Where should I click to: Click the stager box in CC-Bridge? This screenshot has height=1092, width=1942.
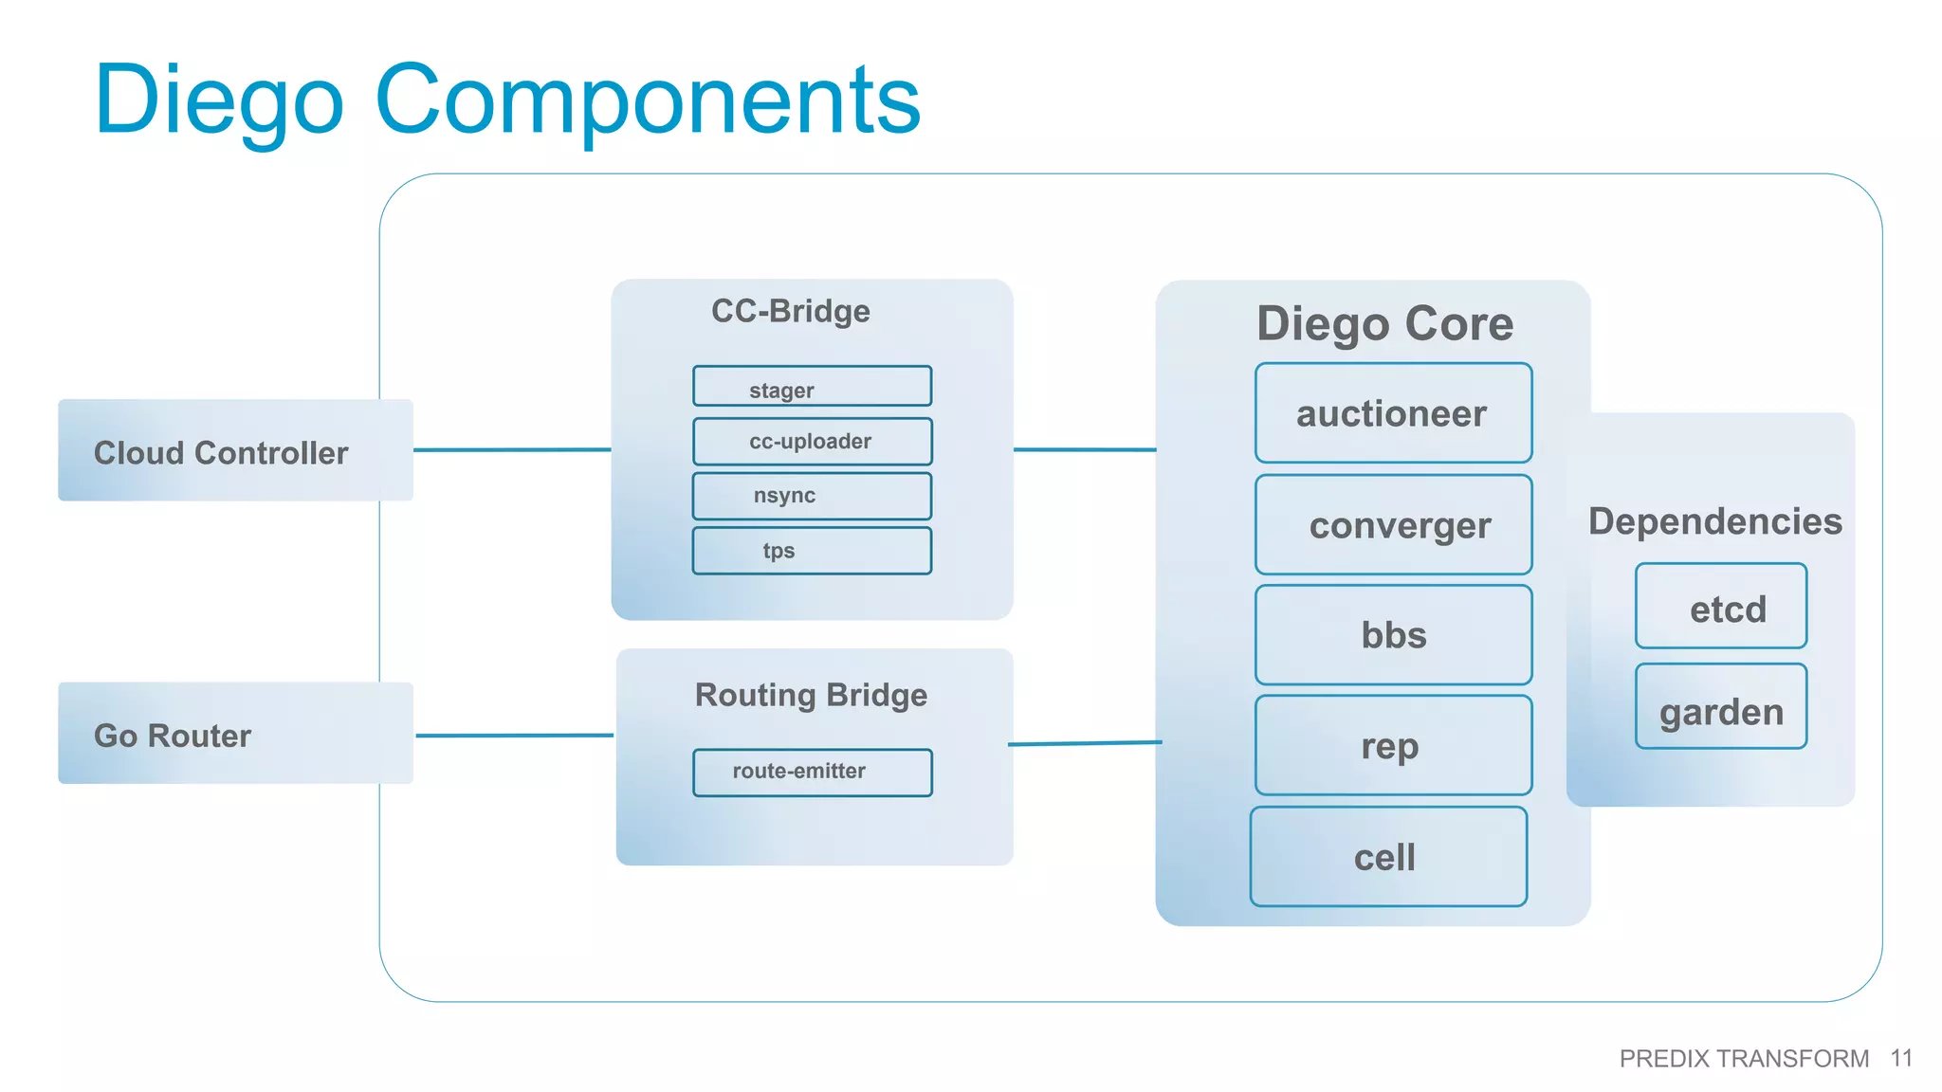[812, 387]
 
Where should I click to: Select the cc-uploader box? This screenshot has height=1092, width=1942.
[812, 441]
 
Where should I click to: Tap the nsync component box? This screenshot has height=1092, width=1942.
[812, 496]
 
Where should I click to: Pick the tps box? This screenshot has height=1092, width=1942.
[812, 551]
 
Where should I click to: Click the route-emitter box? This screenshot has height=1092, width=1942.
[812, 772]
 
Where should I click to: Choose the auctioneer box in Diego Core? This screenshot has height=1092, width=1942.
[1393, 413]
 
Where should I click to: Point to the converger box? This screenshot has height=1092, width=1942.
[1393, 524]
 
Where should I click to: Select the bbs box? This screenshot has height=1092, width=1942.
[1393, 634]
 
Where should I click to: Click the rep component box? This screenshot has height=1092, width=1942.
[1393, 745]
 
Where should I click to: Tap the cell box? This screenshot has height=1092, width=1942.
[1388, 857]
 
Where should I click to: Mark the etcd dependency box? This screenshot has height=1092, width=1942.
[1720, 607]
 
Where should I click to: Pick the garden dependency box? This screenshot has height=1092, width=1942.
[1720, 707]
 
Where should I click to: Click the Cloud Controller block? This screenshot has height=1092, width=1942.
[235, 450]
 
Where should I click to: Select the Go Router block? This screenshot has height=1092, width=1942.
[235, 733]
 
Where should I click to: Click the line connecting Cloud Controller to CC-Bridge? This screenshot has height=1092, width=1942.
[512, 449]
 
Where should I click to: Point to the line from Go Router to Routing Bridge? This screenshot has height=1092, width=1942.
[514, 735]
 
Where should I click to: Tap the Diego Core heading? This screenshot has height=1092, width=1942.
[1384, 323]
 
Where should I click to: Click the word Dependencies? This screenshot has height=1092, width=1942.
[1714, 521]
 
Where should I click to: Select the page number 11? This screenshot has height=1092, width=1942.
[1900, 1058]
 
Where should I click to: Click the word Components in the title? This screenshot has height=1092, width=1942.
[648, 100]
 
